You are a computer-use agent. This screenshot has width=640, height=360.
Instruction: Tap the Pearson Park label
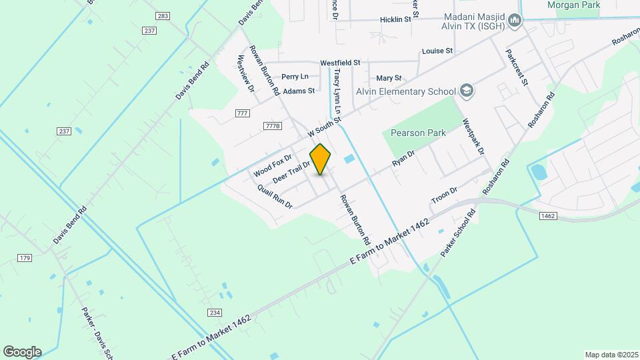(x=418, y=133)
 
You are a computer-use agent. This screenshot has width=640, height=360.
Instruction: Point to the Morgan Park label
(x=573, y=5)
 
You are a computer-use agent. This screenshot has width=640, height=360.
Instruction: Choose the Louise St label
(x=437, y=51)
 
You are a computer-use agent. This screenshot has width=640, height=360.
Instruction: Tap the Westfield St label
(x=340, y=63)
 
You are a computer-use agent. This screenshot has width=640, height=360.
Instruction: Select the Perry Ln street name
(x=295, y=77)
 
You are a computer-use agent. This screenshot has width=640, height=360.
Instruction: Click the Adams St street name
(x=299, y=91)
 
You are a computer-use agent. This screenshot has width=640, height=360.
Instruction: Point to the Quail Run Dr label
(x=275, y=197)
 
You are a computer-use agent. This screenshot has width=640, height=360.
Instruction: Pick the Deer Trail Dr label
(x=292, y=172)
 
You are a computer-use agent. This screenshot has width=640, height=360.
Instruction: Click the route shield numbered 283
(x=161, y=15)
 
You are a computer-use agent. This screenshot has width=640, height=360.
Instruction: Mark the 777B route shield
(x=273, y=125)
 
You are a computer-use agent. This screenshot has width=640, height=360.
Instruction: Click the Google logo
(x=22, y=351)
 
